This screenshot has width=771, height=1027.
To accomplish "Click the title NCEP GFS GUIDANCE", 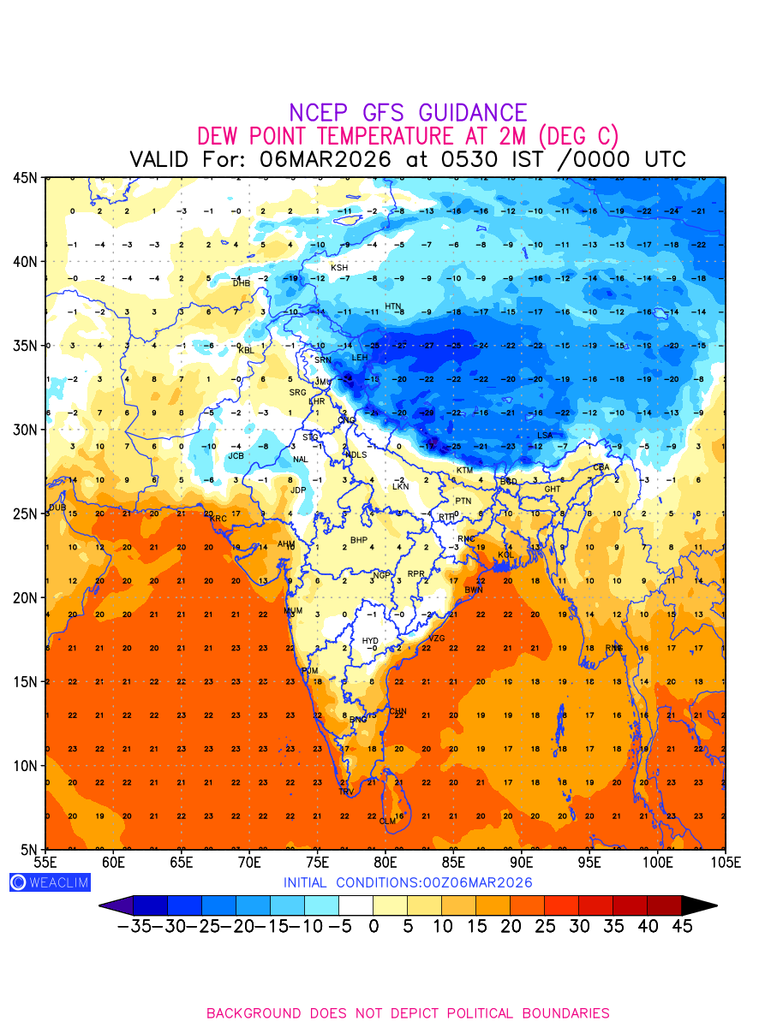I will point(408,113).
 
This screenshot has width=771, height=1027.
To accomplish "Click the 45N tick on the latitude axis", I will point(25,177).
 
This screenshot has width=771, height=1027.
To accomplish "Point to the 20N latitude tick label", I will point(25,597).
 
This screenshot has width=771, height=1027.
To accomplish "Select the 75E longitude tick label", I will point(318,861).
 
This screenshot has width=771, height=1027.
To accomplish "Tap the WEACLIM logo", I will point(50,882).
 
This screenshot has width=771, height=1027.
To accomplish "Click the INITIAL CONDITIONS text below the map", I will point(408,882).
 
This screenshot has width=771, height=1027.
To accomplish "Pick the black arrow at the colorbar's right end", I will point(699,905).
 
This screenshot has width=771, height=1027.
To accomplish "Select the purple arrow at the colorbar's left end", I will point(116,905).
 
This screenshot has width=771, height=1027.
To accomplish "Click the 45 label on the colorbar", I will point(682,926).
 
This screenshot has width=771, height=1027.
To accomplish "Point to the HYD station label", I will point(370,641).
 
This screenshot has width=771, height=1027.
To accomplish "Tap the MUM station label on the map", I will point(293,611).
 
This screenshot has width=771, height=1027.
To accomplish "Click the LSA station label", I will point(545,436).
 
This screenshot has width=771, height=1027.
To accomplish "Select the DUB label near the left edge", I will point(57,508).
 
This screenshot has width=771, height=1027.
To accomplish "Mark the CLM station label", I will point(387,821).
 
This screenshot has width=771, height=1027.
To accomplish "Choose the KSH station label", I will point(339,268).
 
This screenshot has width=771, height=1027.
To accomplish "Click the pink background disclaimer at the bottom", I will point(408,1013).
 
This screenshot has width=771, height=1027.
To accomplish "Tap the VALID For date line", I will point(408,160).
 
